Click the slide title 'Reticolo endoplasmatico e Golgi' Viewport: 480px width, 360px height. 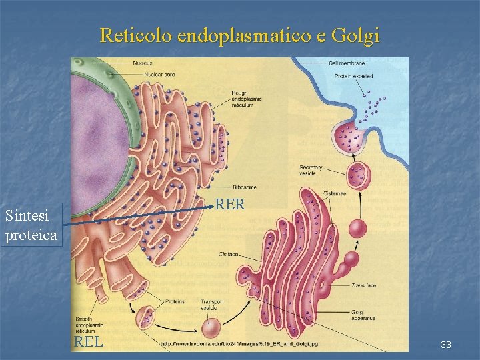[240, 35]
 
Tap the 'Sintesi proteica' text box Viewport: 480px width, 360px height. [31, 225]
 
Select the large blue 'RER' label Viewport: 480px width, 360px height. [231, 205]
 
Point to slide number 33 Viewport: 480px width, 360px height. [446, 345]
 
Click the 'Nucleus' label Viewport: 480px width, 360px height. [142, 63]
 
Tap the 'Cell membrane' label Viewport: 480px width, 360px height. [346, 63]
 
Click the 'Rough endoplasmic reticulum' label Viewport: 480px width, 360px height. [247, 99]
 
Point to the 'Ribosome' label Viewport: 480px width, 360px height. [245, 187]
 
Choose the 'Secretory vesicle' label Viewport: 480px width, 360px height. [311, 169]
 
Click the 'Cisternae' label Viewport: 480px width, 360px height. [335, 194]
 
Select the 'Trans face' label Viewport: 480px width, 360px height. [364, 285]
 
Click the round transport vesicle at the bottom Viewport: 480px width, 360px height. [211, 327]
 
